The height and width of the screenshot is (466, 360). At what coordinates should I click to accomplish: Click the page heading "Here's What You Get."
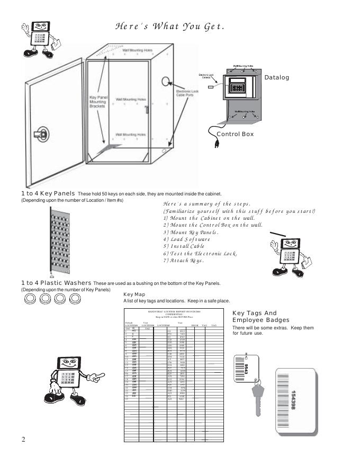pos(169,27)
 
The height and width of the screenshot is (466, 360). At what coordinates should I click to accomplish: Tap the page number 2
pos(23,440)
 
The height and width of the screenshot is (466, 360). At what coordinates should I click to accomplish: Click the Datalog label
pos(277,78)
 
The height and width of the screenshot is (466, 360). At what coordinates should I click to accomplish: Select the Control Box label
pos(235,135)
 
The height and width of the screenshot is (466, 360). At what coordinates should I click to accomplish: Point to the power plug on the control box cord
pos(215,143)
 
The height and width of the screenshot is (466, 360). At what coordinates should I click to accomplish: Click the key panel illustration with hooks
pos(60,241)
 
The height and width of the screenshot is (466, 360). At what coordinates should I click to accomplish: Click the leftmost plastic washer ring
pos(30,300)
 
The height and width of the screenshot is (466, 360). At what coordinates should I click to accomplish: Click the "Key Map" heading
pos(134,294)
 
